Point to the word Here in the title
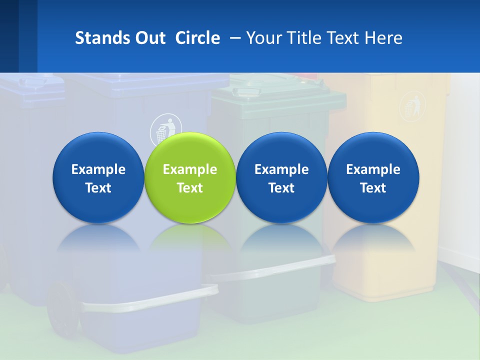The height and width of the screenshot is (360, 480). pyautogui.click(x=383, y=38)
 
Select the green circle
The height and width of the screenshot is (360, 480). pyautogui.click(x=190, y=177)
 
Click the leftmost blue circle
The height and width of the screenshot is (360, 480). pyautogui.click(x=98, y=177)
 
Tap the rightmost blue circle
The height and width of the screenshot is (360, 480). pyautogui.click(x=373, y=177)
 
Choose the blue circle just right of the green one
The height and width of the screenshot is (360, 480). pyautogui.click(x=281, y=177)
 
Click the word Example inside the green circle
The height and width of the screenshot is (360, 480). pyautogui.click(x=190, y=169)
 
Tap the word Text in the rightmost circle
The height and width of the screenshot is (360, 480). pyautogui.click(x=373, y=188)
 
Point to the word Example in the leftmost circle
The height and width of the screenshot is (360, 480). pyautogui.click(x=98, y=169)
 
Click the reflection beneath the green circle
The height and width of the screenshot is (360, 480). pyautogui.click(x=190, y=237)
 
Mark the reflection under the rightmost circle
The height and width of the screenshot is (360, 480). pyautogui.click(x=373, y=237)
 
